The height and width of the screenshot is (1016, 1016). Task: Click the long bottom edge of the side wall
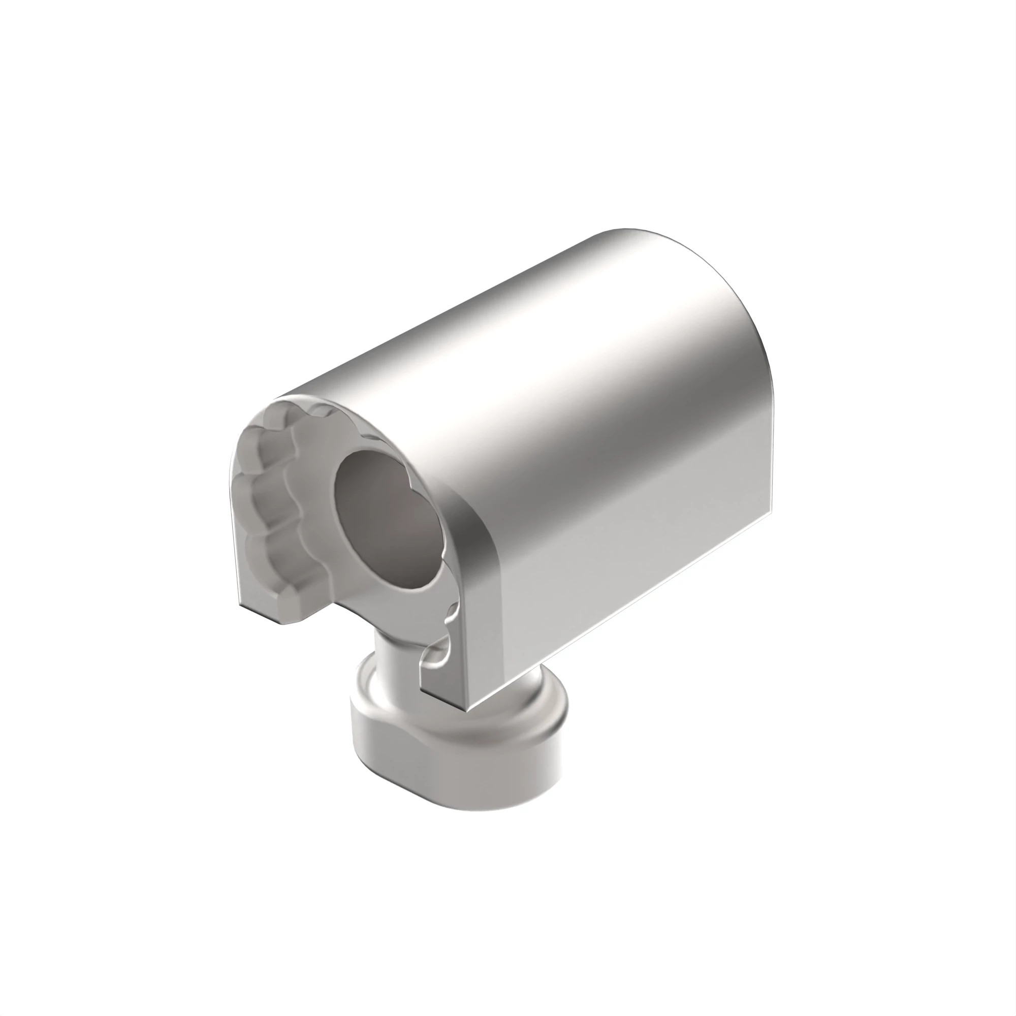tap(621, 610)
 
